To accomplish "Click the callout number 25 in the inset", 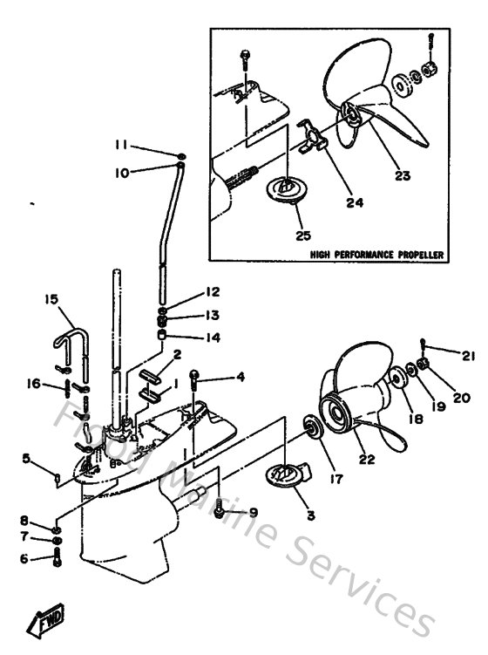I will (x=302, y=234).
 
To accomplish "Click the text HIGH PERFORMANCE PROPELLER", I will (x=377, y=256).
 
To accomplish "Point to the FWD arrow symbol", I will (x=42, y=623).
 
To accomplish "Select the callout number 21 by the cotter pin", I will (x=470, y=355).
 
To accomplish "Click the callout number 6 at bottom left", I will (x=25, y=559).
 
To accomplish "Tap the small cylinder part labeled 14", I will (x=162, y=334).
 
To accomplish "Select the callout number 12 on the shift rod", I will (x=213, y=291).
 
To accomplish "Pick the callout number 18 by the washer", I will (x=412, y=419).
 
